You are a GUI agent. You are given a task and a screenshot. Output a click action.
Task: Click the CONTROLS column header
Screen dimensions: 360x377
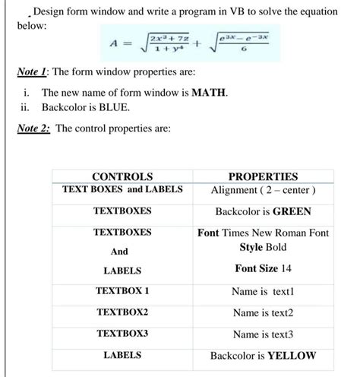click(x=122, y=176)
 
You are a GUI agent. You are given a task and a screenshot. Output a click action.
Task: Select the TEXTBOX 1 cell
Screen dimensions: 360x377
click(x=122, y=291)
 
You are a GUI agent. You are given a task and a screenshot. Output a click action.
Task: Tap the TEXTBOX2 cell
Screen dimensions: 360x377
click(x=122, y=312)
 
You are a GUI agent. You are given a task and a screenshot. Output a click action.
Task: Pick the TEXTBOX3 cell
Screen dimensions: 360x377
click(x=122, y=334)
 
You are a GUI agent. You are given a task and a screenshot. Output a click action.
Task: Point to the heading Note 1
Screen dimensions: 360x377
click(x=37, y=71)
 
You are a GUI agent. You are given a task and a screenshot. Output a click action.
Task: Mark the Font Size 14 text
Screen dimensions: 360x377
click(x=263, y=268)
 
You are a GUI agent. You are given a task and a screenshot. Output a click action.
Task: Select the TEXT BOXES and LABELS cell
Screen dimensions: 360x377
click(x=122, y=189)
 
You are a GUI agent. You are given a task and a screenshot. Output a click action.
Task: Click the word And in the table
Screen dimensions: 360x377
click(x=119, y=252)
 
